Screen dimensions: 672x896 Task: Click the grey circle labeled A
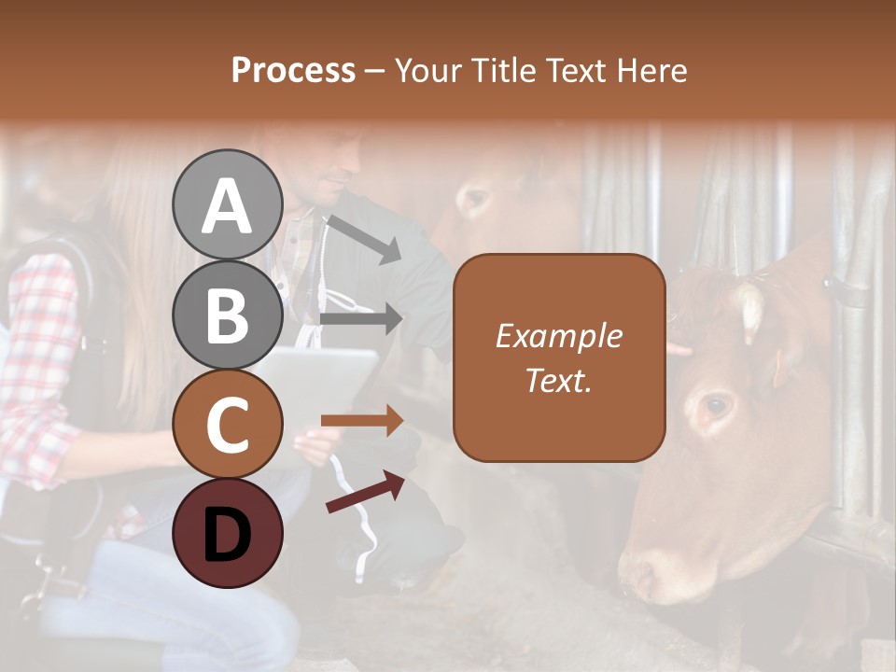click(x=228, y=204)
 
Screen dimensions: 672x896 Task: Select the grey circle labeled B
click(x=228, y=314)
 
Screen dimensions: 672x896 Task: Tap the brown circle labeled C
click(x=228, y=424)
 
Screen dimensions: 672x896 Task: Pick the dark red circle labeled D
click(x=228, y=533)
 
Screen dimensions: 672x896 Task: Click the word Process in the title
click(x=293, y=70)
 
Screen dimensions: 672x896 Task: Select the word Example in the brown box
click(x=558, y=336)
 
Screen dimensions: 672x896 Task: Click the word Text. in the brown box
click(x=558, y=381)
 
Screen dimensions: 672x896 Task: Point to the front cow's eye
click(x=717, y=405)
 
